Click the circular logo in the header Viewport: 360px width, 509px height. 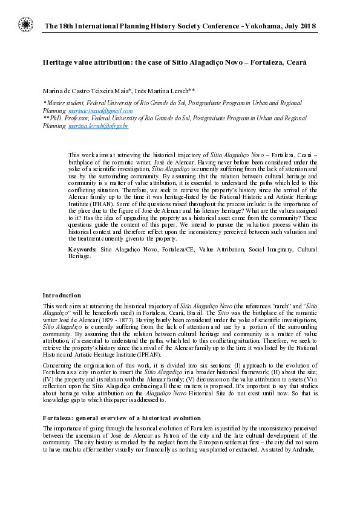click(x=25, y=25)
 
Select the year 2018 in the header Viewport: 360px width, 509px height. click(x=306, y=27)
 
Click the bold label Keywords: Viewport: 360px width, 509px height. click(x=82, y=250)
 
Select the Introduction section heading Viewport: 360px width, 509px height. click(x=62, y=295)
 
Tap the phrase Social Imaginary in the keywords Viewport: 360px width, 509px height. click(x=248, y=250)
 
